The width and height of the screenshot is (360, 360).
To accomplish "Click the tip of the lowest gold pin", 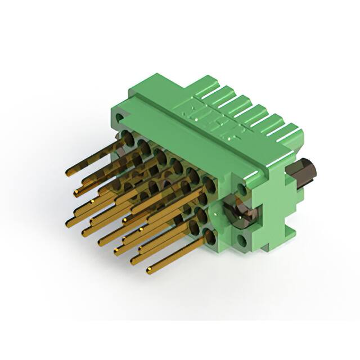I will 150,271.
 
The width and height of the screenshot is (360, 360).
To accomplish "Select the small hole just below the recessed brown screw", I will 242,242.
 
